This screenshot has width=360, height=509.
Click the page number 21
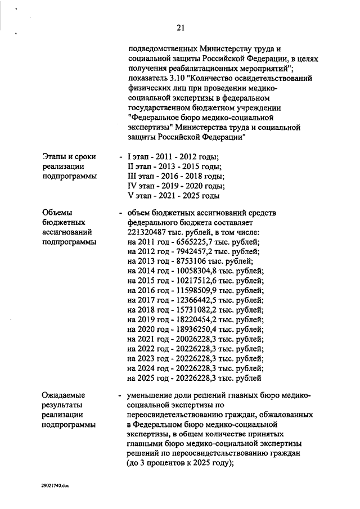pyautogui.click(x=180, y=27)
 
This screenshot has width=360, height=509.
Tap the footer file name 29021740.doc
pyautogui.click(x=54, y=485)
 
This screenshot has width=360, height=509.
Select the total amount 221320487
pyautogui.click(x=148, y=232)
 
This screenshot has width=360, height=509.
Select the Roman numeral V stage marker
pyautogui.click(x=130, y=196)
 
